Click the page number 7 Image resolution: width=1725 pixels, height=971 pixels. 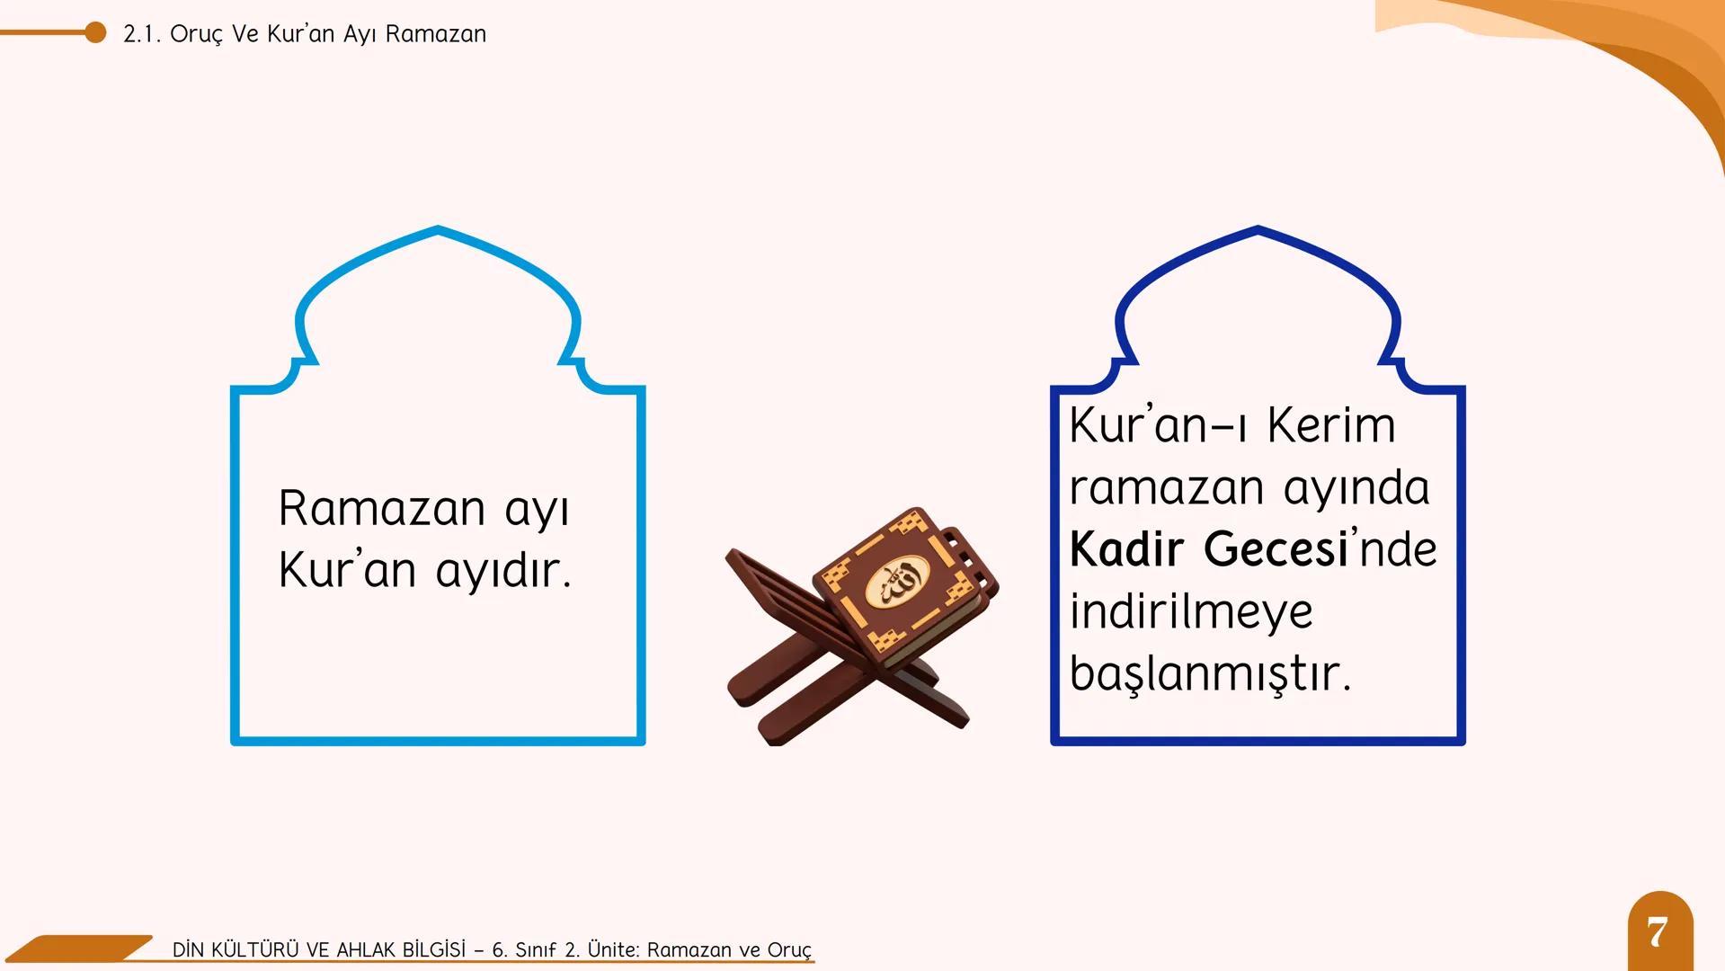[1658, 932]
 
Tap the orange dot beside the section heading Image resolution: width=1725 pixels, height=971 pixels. [95, 33]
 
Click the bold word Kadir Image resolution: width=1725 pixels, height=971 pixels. [1126, 548]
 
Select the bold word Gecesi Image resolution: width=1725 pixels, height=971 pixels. [1276, 548]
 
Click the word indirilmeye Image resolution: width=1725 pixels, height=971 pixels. [1191, 611]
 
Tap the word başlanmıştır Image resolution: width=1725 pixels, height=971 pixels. [1210, 673]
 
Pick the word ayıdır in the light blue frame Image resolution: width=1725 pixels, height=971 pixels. [503, 570]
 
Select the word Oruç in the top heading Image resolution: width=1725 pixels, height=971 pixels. [195, 34]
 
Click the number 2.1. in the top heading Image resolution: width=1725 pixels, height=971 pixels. [141, 34]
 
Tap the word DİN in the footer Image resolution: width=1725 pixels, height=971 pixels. [189, 949]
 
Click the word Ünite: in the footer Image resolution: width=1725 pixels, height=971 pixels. [614, 949]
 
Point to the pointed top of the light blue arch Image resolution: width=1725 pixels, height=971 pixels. [438, 229]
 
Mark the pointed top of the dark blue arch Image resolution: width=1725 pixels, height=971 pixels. [1258, 229]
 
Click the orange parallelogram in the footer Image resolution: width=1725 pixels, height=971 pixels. [81, 948]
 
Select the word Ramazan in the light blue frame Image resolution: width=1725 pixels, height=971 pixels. [382, 508]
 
